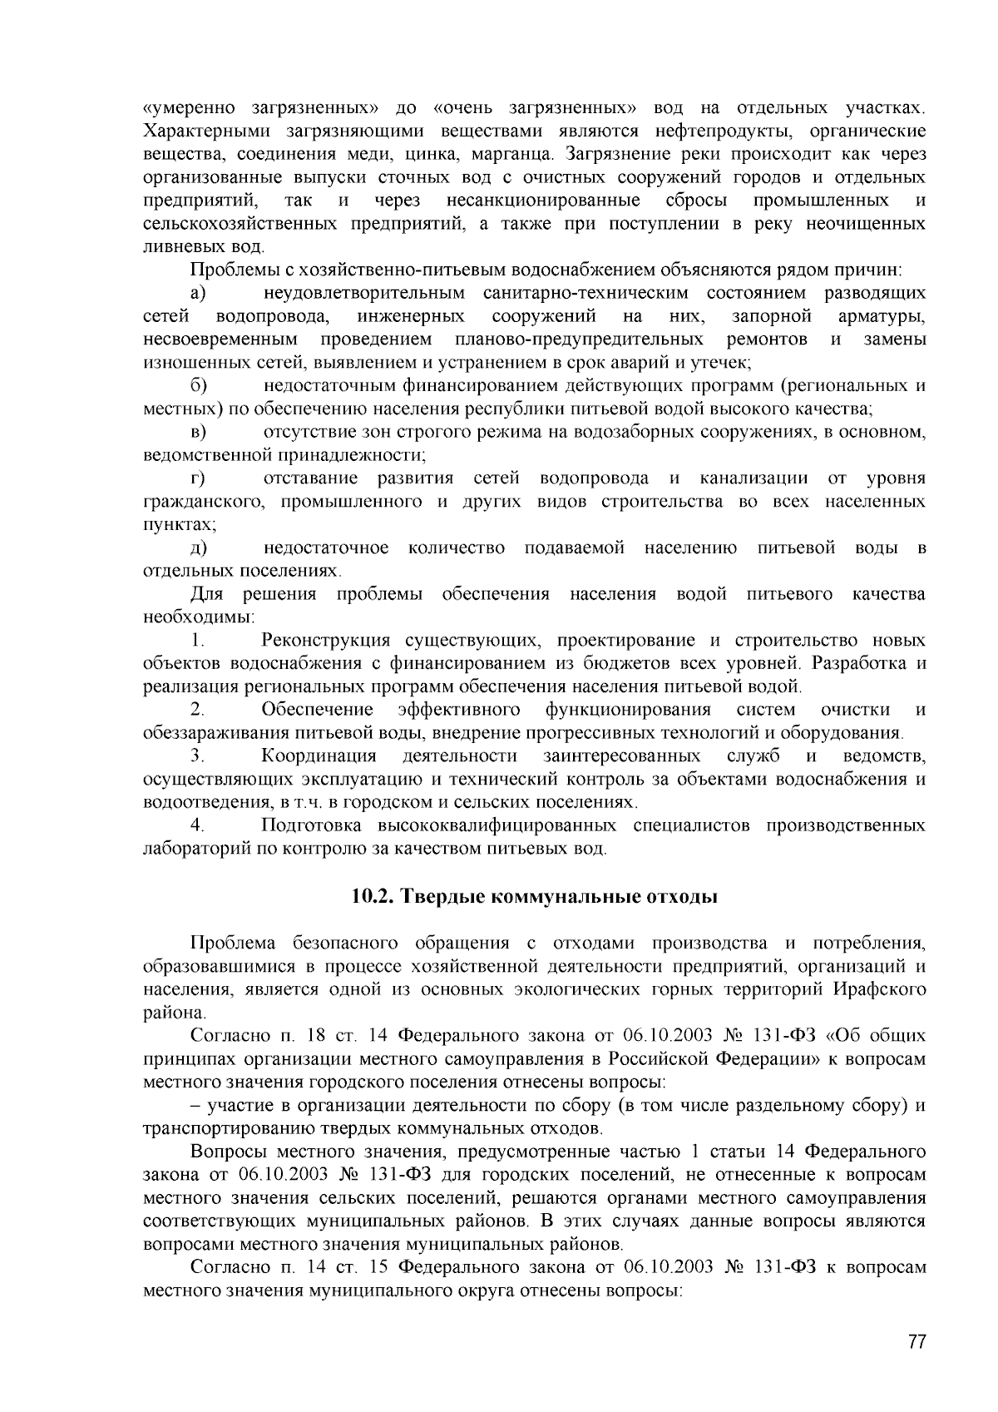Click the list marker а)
tap(198, 293)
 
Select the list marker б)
tap(198, 385)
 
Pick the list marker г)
tap(198, 478)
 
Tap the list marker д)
tap(198, 548)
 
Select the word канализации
tap(753, 478)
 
